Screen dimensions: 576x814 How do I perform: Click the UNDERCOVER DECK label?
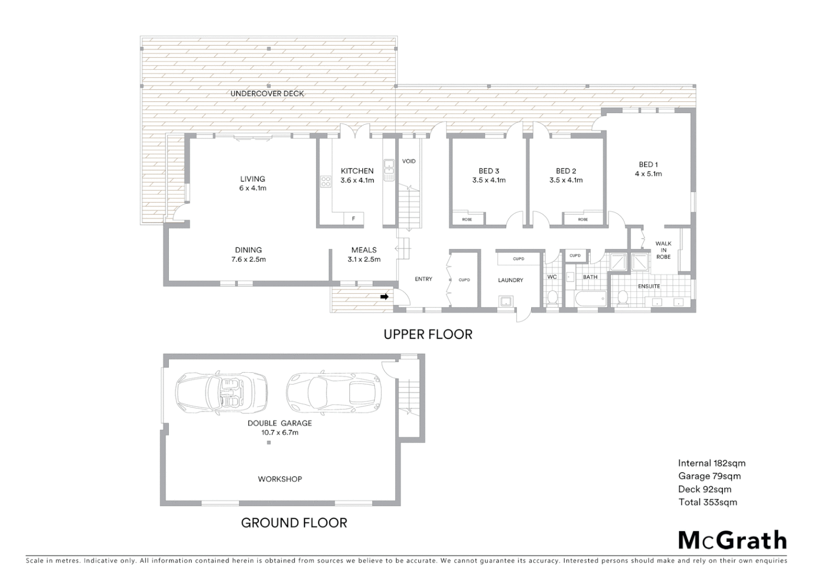point(267,94)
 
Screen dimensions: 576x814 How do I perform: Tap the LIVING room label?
point(253,179)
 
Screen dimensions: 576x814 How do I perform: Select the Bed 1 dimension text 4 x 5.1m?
point(648,174)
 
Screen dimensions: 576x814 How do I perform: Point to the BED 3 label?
point(489,171)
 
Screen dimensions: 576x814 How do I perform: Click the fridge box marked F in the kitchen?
point(353,219)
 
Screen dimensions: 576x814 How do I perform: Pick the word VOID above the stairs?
point(409,161)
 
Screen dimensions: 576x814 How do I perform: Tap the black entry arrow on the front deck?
point(384,297)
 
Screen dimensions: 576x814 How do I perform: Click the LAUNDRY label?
point(510,280)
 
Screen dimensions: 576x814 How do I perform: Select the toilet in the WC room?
point(552,296)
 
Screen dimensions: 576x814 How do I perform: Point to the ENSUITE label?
point(649,286)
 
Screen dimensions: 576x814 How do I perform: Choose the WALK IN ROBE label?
point(663,250)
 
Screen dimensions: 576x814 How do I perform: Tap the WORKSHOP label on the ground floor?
point(280,479)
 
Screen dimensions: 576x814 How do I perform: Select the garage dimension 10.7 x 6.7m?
point(280,433)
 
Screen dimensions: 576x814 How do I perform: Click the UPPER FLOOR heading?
point(428,334)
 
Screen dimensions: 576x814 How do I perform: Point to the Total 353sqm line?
point(707,502)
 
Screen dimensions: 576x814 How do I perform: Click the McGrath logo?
point(732,541)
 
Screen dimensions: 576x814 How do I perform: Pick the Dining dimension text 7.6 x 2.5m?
point(248,260)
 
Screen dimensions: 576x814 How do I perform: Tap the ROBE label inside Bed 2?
point(583,219)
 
